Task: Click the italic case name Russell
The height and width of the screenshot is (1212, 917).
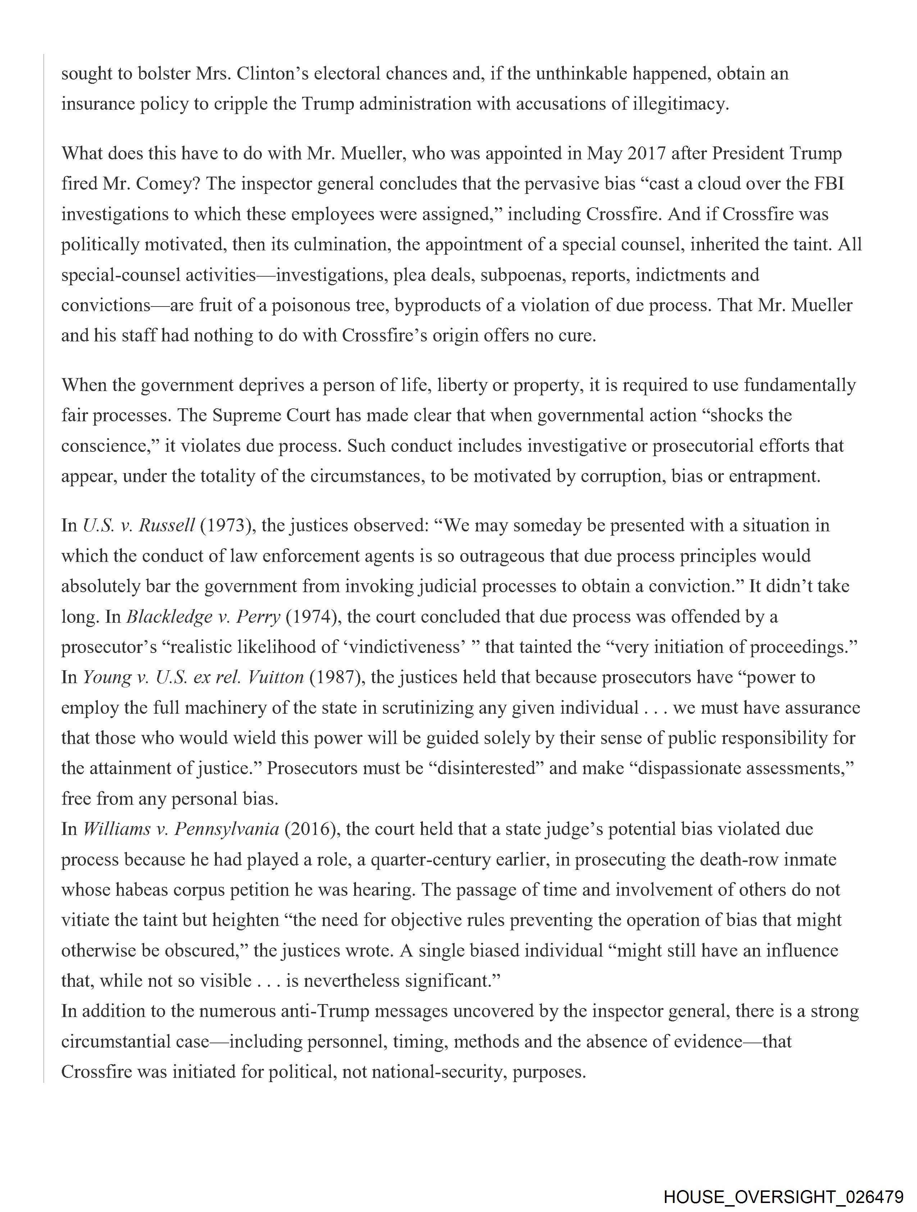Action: (166, 526)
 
